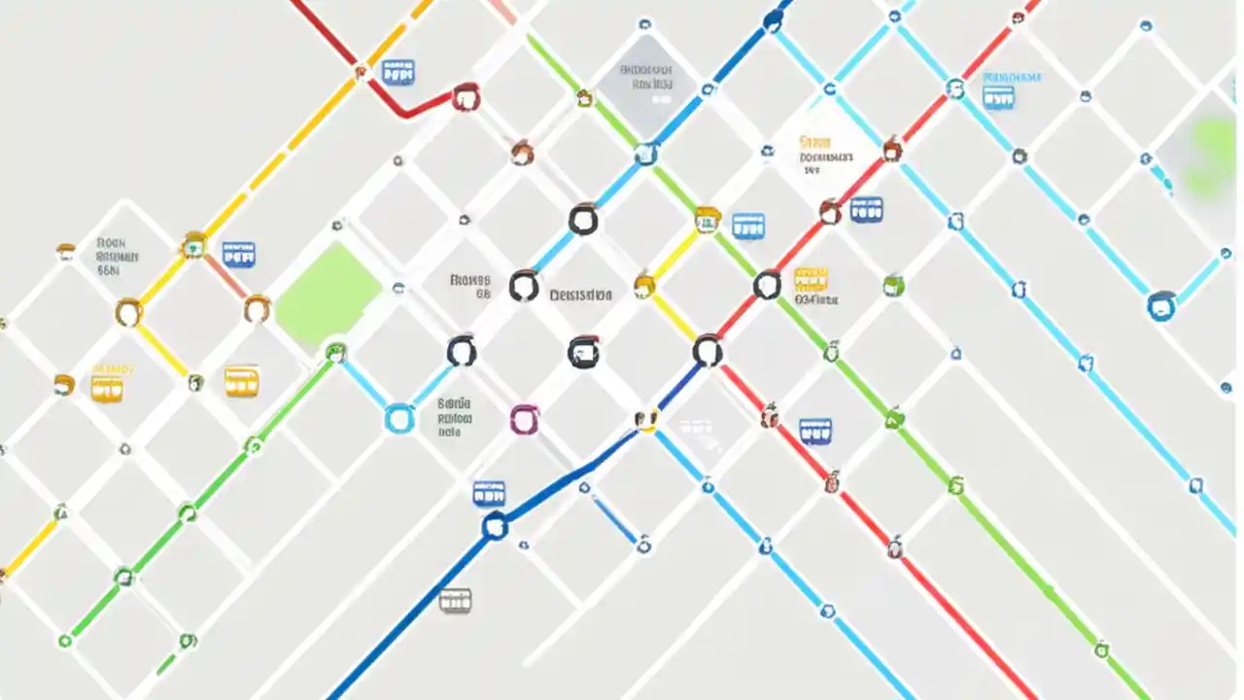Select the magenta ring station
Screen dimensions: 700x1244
pyautogui.click(x=524, y=420)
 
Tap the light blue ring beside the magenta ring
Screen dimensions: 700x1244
pyautogui.click(x=399, y=418)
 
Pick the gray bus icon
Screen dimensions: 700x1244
pyautogui.click(x=455, y=600)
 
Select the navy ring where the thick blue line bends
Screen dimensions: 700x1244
pyautogui.click(x=495, y=527)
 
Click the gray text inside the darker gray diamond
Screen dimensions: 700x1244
pyautogui.click(x=646, y=78)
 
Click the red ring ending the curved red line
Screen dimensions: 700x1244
pyautogui.click(x=466, y=97)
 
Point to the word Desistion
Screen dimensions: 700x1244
pyautogui.click(x=580, y=295)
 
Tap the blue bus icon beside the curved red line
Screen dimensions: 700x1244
pyautogui.click(x=397, y=71)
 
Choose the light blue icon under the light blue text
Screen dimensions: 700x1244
pyautogui.click(x=998, y=97)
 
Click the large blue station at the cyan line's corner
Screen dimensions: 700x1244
pyautogui.click(x=1161, y=306)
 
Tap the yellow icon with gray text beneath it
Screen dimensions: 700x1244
pyautogui.click(x=811, y=279)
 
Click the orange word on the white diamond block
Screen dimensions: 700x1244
pyautogui.click(x=813, y=141)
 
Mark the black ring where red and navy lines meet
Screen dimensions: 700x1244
pyautogui.click(x=708, y=351)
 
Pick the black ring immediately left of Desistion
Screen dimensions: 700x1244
pyautogui.click(x=524, y=286)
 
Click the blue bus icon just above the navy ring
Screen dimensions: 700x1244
pyautogui.click(x=489, y=493)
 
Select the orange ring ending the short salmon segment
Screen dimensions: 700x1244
pyautogui.click(x=257, y=309)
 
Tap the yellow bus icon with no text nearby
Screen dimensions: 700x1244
pyautogui.click(x=241, y=381)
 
